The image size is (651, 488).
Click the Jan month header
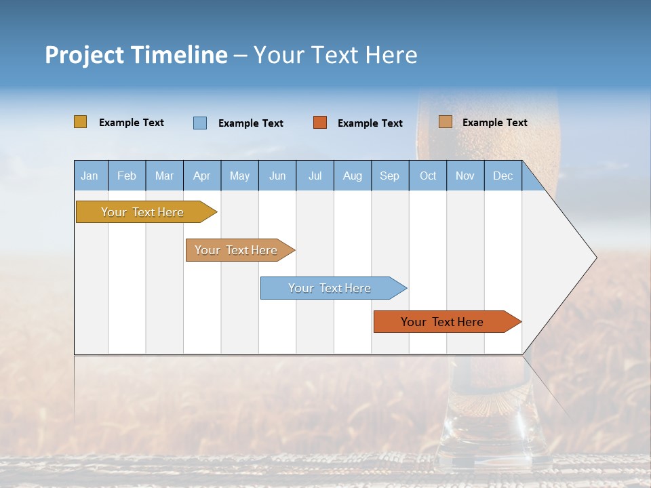(x=90, y=176)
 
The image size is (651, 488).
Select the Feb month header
(x=127, y=176)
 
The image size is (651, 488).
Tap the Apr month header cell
(x=201, y=176)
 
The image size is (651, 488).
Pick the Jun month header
(x=277, y=176)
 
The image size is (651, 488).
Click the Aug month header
(x=352, y=176)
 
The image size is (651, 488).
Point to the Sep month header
(x=389, y=176)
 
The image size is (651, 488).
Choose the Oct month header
(x=428, y=176)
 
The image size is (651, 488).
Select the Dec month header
(x=502, y=176)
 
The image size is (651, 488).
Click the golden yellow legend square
(x=81, y=122)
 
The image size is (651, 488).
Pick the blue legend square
(x=200, y=123)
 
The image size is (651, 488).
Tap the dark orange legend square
(x=320, y=123)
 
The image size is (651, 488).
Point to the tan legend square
(x=445, y=122)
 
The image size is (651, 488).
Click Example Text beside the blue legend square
(x=251, y=123)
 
